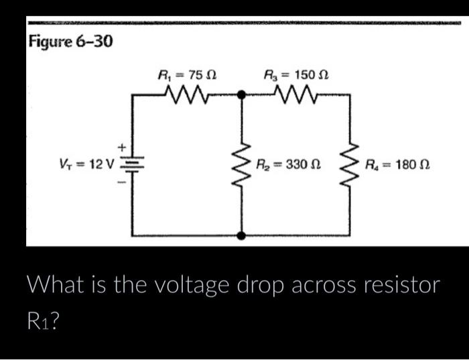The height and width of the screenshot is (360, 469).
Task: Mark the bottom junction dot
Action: click(241, 235)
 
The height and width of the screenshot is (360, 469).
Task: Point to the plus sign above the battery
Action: click(122, 145)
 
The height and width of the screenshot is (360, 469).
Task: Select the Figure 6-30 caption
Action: click(70, 42)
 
